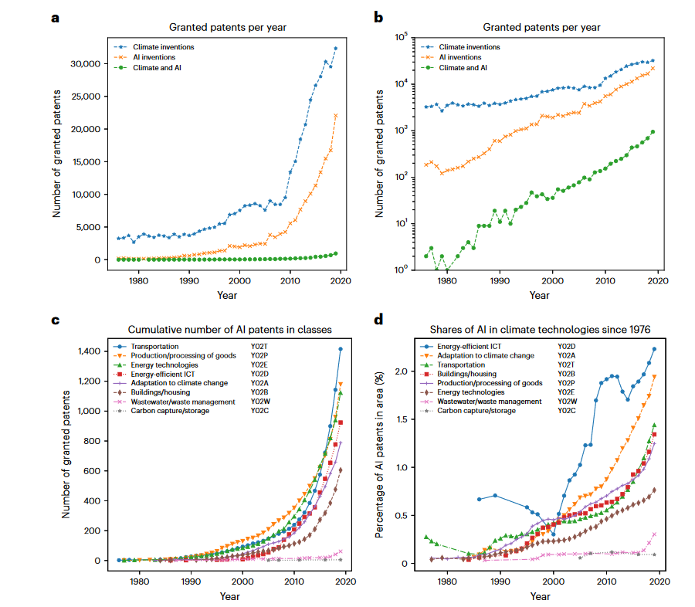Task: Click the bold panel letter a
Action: [55, 17]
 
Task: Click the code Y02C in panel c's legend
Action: [259, 411]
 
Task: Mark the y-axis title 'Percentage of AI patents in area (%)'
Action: [379, 456]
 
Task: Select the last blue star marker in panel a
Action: [335, 48]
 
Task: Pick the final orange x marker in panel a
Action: [335, 116]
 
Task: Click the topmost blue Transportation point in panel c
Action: [340, 349]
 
